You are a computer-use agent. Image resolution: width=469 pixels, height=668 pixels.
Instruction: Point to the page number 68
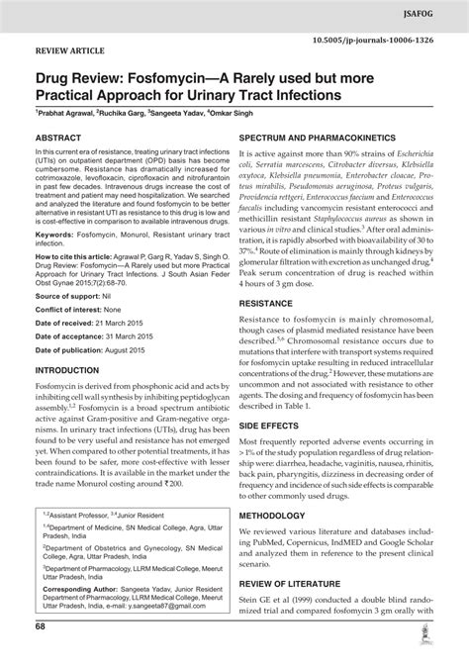41,654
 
